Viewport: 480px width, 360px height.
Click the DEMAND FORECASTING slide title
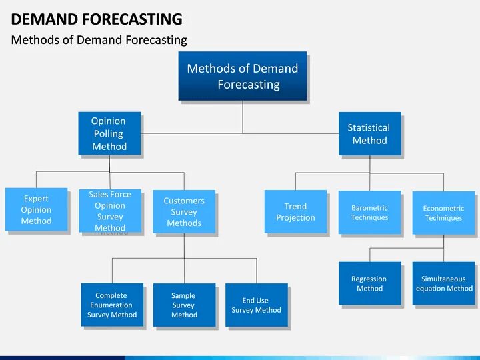click(x=97, y=19)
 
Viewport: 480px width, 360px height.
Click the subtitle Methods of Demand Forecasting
click(x=99, y=40)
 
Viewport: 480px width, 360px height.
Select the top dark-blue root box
click(x=242, y=76)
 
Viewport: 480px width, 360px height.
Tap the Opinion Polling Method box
click(x=109, y=133)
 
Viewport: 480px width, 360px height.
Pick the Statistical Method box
click(x=369, y=133)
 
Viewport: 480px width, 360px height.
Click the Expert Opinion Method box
click(x=36, y=209)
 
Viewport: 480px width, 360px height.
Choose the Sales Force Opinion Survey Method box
click(x=110, y=211)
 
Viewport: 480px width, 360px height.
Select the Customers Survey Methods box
click(x=184, y=212)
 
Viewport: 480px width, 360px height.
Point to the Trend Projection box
click(x=295, y=212)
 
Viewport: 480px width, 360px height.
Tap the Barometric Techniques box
click(x=369, y=213)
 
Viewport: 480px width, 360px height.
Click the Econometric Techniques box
click(x=443, y=213)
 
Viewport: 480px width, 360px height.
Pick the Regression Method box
click(x=369, y=283)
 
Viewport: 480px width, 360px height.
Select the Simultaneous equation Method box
click(x=443, y=283)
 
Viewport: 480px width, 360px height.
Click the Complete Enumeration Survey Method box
click(x=111, y=305)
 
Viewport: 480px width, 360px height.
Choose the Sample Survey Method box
click(x=184, y=305)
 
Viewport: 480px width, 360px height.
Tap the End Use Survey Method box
click(x=256, y=305)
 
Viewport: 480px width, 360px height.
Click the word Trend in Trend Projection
click(x=295, y=207)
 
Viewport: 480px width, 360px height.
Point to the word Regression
click(x=369, y=279)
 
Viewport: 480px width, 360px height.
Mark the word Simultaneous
click(x=443, y=279)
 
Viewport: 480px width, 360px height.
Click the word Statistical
click(x=369, y=127)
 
